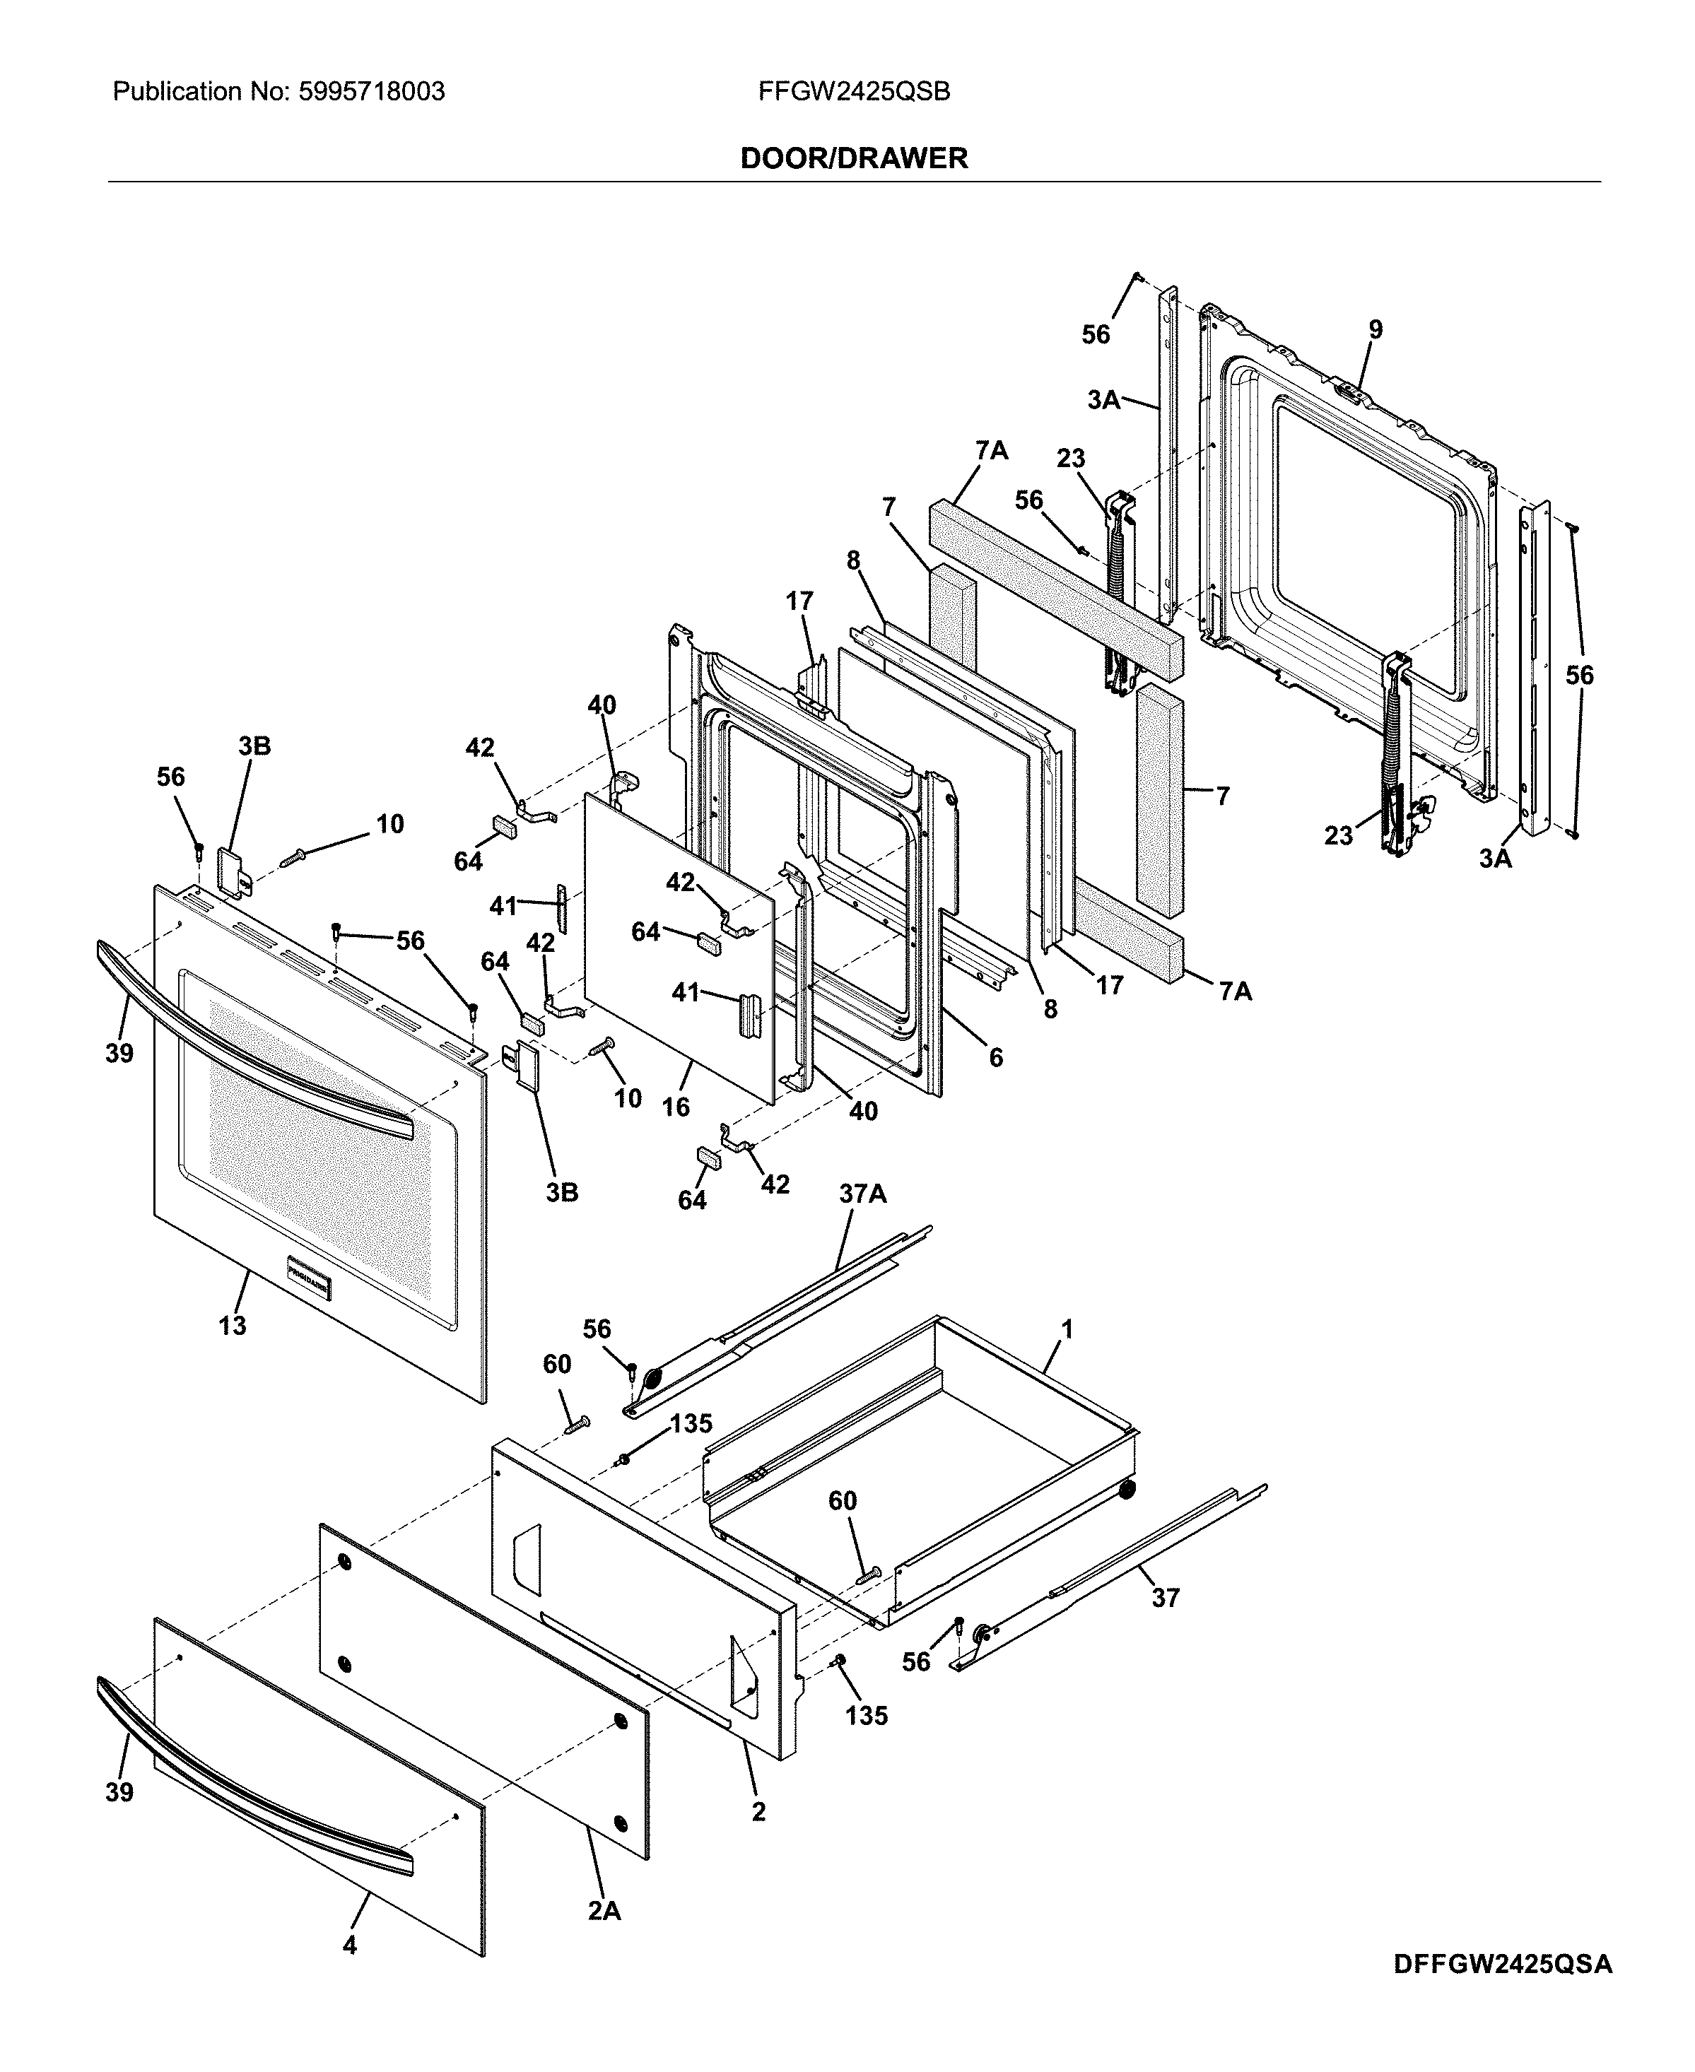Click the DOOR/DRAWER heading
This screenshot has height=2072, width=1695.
(853, 158)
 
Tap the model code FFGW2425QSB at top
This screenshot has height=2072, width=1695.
(853, 92)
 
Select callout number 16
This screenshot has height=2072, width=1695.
(676, 1106)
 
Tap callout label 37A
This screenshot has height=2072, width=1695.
(862, 1193)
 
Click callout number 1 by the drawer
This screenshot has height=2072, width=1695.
(1067, 1329)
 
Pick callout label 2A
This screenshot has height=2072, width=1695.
(604, 1911)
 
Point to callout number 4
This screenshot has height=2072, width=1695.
(350, 1972)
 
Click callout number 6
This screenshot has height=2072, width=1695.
(995, 1057)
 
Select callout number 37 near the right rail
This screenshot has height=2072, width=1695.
(1165, 1598)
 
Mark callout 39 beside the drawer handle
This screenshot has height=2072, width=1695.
(119, 1792)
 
